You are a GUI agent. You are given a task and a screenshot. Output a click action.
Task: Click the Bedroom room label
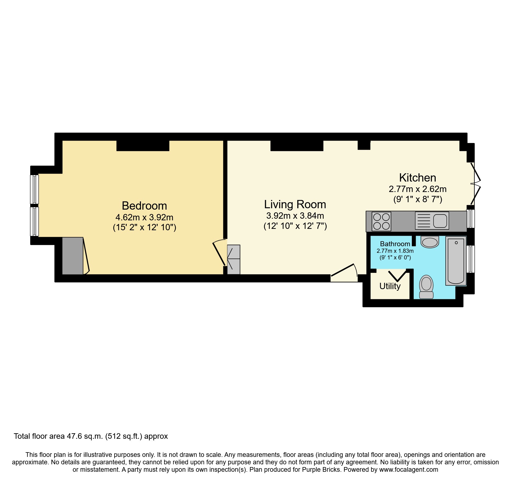point(144,206)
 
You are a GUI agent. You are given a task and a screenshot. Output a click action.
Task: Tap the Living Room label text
point(295,204)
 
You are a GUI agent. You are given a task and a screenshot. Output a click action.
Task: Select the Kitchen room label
point(417,178)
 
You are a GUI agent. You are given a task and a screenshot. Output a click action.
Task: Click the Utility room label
point(390,286)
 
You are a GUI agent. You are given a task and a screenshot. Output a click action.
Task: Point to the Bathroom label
point(395,244)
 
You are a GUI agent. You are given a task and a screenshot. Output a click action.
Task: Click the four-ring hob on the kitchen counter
point(381,221)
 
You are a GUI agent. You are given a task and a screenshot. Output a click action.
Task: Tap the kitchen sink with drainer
point(432,221)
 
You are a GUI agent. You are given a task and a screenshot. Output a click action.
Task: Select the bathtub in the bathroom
point(456,260)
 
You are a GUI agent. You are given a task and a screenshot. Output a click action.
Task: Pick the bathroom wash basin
point(430,242)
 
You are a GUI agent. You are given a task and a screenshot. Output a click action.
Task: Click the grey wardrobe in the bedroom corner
point(73,256)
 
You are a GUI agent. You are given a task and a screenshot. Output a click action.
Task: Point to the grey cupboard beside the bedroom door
point(234,259)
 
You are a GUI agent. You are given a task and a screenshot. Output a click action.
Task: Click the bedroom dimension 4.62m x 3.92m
point(144,217)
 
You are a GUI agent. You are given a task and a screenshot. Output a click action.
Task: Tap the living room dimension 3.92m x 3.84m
point(295,216)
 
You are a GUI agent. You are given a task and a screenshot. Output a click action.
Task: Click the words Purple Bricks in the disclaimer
point(321,470)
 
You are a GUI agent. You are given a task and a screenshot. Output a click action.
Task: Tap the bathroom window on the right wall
point(471,259)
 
